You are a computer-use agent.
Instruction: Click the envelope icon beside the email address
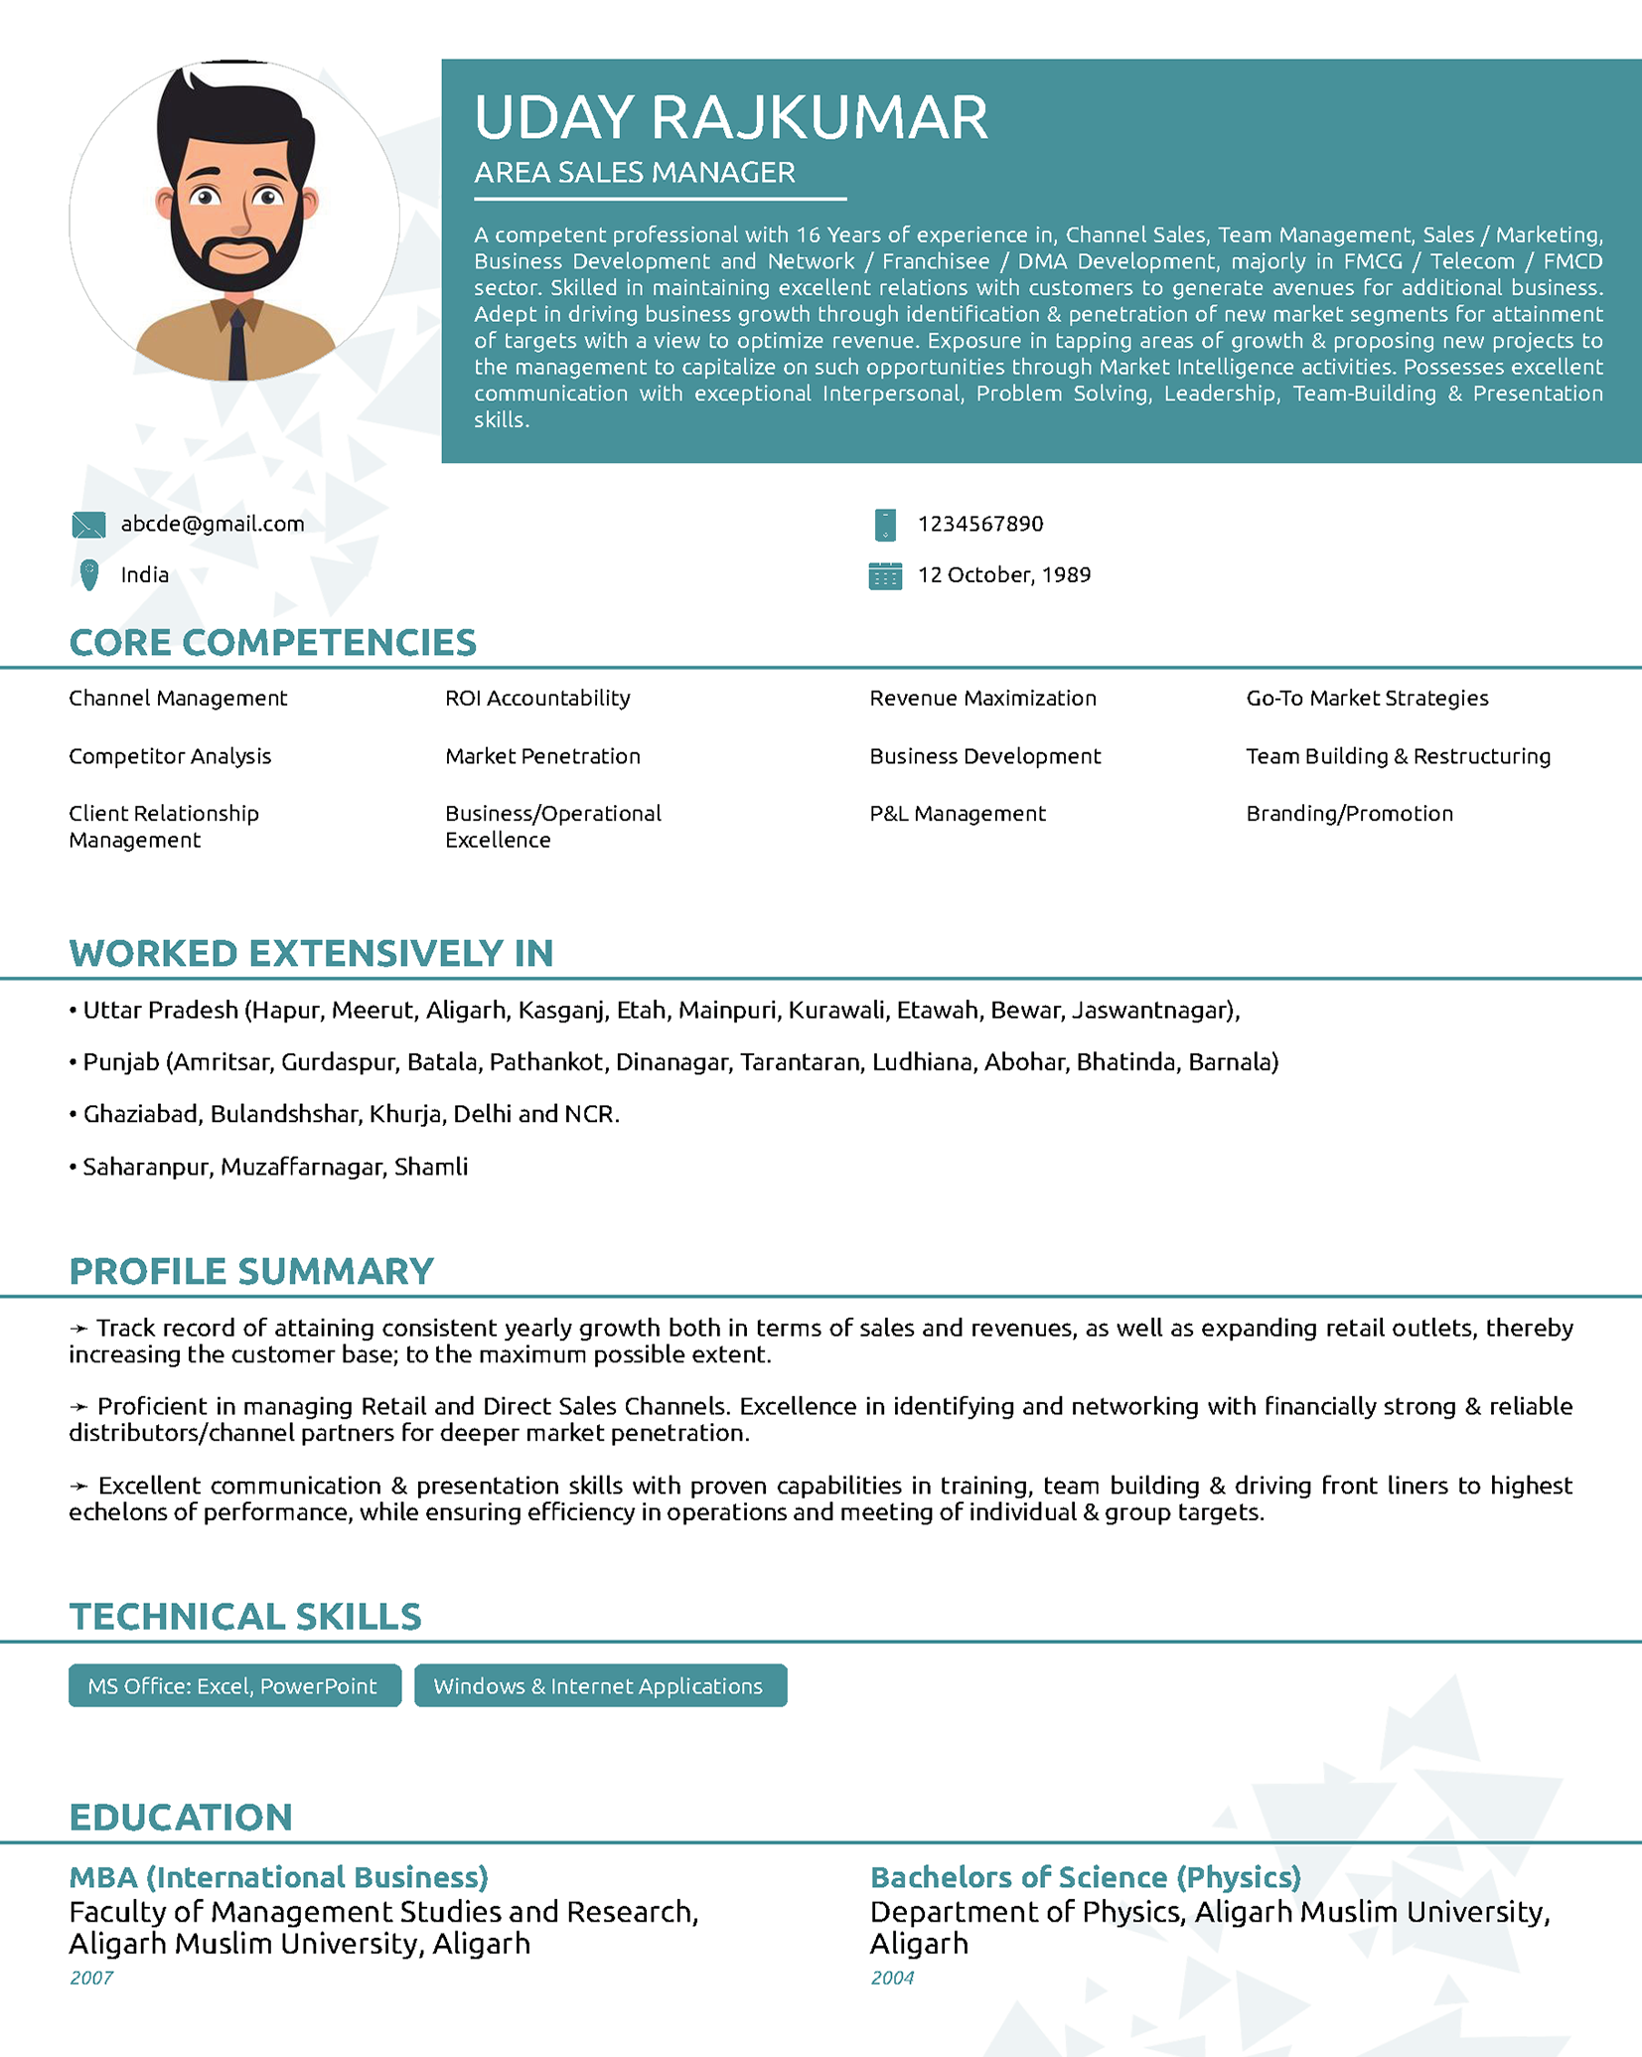pos(88,525)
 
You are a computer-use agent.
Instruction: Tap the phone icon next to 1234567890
pos(885,525)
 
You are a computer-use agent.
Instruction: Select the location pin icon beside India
pos(89,574)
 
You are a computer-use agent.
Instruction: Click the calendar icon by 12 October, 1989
pos(885,575)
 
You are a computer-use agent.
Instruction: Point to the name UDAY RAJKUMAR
pos(730,117)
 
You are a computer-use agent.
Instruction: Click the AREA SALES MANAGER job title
pos(634,173)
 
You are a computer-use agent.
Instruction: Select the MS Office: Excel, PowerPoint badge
pos(234,1685)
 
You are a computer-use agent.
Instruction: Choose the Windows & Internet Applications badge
pos(600,1685)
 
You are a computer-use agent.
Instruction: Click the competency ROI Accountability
pos(537,698)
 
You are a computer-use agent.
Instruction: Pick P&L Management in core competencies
pos(958,813)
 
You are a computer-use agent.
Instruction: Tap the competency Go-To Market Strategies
pos(1367,698)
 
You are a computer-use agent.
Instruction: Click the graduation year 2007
pos(91,1978)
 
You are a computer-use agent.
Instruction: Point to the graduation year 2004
pos(892,1978)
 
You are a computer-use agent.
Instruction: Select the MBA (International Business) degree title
pos(279,1876)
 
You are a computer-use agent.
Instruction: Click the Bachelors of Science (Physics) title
pos(1086,1876)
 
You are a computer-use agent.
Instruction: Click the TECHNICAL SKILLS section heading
pos(245,1617)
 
